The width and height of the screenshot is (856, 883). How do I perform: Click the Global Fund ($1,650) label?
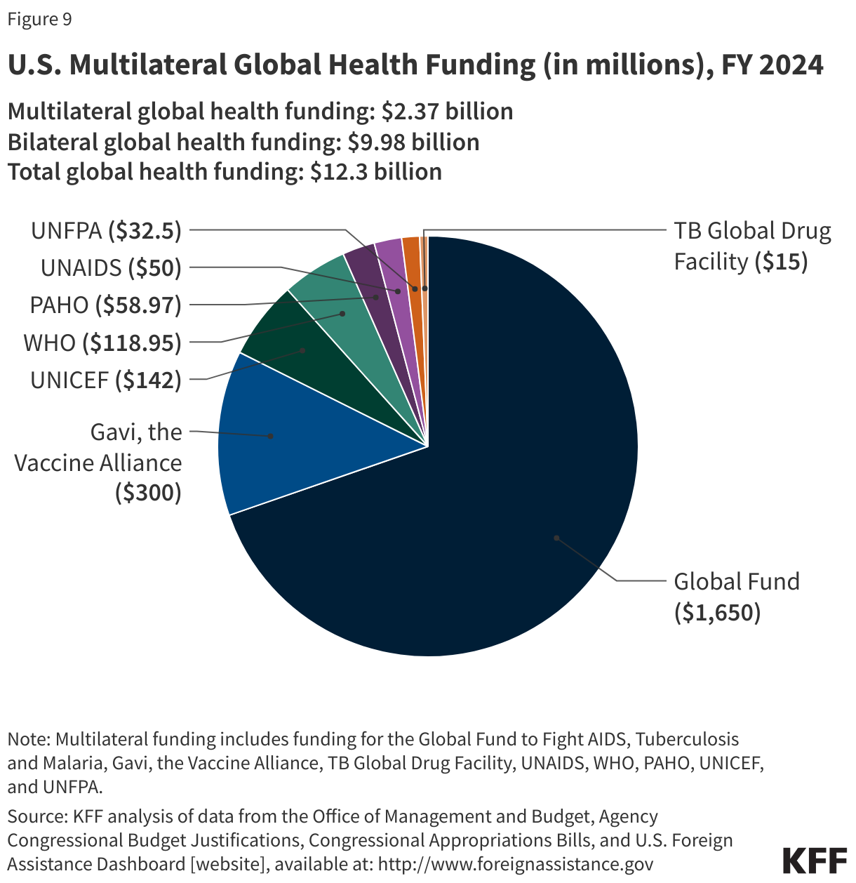tap(736, 597)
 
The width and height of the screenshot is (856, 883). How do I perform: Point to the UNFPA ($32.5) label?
tap(106, 231)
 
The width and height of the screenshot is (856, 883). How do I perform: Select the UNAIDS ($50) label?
tap(111, 267)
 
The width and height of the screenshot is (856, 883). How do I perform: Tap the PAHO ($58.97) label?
tap(105, 305)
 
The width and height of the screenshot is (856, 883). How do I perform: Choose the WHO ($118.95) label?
tap(102, 343)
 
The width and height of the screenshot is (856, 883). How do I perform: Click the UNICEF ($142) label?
tap(106, 380)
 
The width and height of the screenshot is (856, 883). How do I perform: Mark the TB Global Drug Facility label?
tap(751, 246)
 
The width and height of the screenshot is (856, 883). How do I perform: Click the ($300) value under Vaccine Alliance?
tap(149, 493)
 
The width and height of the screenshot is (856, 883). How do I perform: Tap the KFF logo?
tap(814, 860)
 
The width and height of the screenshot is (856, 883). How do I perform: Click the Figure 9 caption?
tap(39, 19)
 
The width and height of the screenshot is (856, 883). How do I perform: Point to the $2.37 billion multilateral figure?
tap(447, 112)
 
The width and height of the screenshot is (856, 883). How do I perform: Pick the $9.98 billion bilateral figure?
tap(413, 142)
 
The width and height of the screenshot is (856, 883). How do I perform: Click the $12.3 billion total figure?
tap(376, 172)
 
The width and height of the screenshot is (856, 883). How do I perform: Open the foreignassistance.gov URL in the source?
tap(516, 864)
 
